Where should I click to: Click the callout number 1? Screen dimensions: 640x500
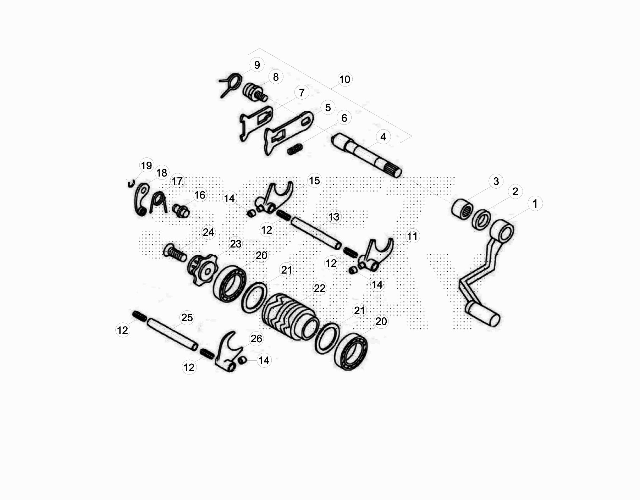535,204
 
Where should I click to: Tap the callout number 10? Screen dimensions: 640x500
344,79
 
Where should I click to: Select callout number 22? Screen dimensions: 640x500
319,288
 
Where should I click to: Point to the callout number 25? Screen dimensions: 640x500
187,317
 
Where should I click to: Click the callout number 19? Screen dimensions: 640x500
146,165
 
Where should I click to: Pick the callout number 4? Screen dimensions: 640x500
383,137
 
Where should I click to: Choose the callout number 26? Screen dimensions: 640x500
256,339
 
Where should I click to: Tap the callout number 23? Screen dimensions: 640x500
236,244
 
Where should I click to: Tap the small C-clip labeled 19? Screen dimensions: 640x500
130,183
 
